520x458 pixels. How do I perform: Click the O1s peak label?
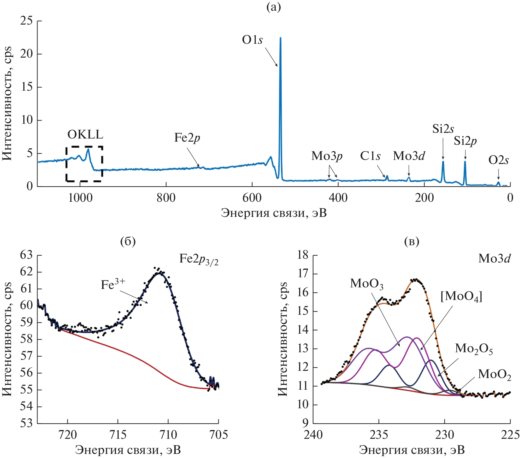coord(252,40)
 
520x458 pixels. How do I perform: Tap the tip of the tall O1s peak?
coord(280,38)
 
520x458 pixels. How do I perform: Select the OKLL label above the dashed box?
coord(85,135)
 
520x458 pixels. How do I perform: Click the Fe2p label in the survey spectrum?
coord(187,138)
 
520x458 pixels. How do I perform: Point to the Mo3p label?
coord(327,156)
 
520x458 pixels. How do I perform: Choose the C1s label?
coord(370,156)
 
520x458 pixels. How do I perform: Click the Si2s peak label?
coord(443,129)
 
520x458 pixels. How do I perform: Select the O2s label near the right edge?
coord(499,161)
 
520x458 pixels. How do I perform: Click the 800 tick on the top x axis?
coord(166,198)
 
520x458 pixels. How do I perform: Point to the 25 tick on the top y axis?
coord(26,21)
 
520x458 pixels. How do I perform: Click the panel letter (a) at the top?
coord(274,7)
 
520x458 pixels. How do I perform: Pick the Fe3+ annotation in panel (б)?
coord(113,284)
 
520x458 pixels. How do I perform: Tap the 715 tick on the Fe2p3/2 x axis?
coord(118,435)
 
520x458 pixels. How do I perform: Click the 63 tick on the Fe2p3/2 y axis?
coord(26,255)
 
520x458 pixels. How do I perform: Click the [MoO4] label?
coord(461,297)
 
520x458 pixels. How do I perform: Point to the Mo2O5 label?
coord(474,349)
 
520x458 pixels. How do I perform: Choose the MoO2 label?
coord(494,375)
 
